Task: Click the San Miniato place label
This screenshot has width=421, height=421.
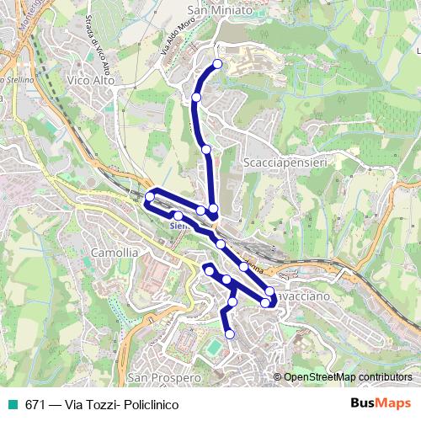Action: [x=221, y=11]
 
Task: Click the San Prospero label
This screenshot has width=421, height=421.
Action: [x=165, y=378]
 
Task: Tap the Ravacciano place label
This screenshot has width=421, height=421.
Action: [x=296, y=296]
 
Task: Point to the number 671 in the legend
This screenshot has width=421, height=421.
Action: [x=35, y=404]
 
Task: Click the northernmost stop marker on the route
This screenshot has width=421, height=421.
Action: [x=218, y=64]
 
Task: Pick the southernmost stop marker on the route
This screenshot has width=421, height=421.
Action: [x=229, y=334]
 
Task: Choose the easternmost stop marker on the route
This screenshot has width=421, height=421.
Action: [x=269, y=291]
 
